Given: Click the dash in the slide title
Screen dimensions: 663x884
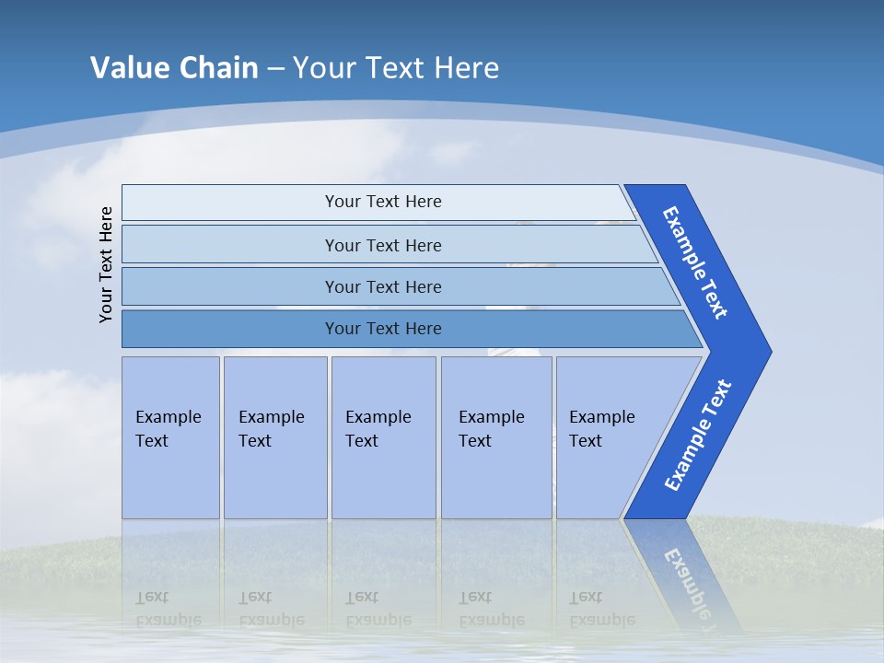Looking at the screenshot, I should pos(275,69).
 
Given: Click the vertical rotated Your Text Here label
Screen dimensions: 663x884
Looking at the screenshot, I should pos(106,264).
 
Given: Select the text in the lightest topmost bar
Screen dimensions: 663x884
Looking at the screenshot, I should pos(383,202).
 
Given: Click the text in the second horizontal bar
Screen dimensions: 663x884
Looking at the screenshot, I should pos(383,246).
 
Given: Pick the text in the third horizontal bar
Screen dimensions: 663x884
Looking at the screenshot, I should pos(383,287).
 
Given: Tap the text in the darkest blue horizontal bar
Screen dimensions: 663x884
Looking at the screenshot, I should pos(383,329).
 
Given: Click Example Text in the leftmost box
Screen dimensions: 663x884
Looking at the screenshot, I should pos(168,429).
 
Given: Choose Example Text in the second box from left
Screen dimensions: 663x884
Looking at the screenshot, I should pos(271,429).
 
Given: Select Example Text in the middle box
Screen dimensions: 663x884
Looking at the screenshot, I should pos(378,429).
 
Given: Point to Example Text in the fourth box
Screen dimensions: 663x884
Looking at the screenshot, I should pos(491,429).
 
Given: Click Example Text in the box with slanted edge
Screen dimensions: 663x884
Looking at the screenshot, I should pos(601,429).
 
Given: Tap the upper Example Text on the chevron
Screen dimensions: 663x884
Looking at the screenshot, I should pos(695,262).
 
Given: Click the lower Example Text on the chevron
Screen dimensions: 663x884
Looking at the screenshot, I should pos(697,436).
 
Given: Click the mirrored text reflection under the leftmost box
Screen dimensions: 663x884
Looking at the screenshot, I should pos(168,608).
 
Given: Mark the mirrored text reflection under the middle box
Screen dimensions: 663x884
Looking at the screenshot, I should pos(378,608).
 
